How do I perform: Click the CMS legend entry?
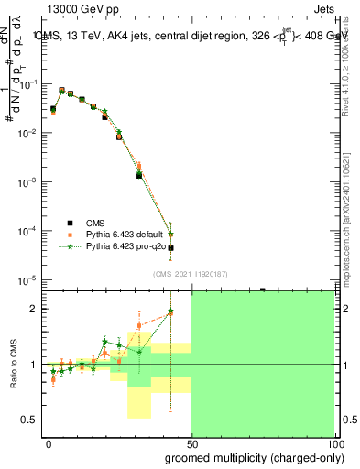[x=94, y=223]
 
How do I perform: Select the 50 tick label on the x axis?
[x=191, y=443]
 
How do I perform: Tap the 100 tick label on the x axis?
[x=333, y=443]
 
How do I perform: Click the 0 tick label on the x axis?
[x=49, y=443]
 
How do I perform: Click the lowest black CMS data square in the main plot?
[x=170, y=248]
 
